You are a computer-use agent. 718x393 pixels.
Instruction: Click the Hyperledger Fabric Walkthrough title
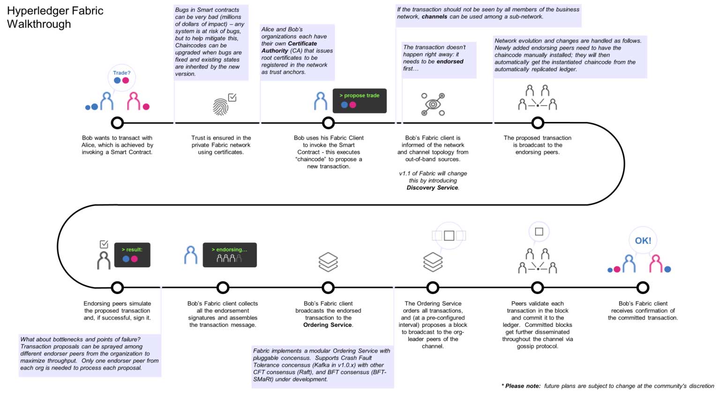coord(55,17)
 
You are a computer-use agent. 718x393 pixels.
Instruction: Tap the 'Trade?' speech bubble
coord(122,77)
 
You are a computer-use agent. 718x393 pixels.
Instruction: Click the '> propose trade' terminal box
coord(359,100)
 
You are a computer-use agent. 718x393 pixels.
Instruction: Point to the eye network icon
coord(433,104)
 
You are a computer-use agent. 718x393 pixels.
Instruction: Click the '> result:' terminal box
coord(132,254)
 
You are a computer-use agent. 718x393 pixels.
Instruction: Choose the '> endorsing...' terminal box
coord(230,255)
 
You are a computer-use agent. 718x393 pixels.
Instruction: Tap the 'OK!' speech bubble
coord(643,241)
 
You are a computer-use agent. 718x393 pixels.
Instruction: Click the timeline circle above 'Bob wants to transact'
coord(117,123)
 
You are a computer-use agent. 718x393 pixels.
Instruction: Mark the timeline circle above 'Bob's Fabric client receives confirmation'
coord(643,287)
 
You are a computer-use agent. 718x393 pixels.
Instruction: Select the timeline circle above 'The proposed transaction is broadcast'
coord(538,123)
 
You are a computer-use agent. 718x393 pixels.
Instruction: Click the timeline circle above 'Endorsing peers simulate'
coord(117,287)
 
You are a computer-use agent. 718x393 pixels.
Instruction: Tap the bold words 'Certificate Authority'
coord(290,47)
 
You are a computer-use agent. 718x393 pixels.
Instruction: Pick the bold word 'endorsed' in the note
coord(449,61)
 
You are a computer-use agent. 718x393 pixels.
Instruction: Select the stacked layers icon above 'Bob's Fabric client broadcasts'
coord(328,262)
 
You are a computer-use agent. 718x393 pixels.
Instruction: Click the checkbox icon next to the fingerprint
coord(232,97)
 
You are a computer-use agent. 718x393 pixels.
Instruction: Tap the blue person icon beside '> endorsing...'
coord(191,255)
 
